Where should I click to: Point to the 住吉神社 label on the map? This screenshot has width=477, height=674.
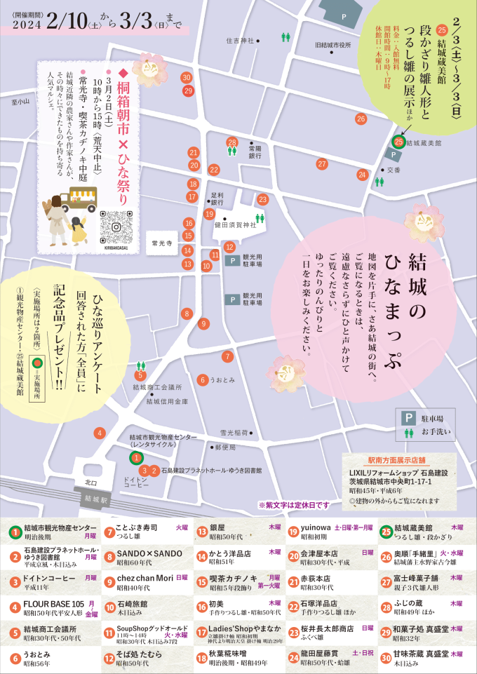click(240, 41)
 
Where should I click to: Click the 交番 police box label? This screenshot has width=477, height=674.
click(394, 170)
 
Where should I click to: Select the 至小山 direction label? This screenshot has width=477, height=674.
click(21, 102)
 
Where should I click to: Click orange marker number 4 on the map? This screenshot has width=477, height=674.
click(101, 432)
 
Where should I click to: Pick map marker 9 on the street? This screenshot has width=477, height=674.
click(203, 323)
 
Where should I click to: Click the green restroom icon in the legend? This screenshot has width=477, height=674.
click(405, 433)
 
